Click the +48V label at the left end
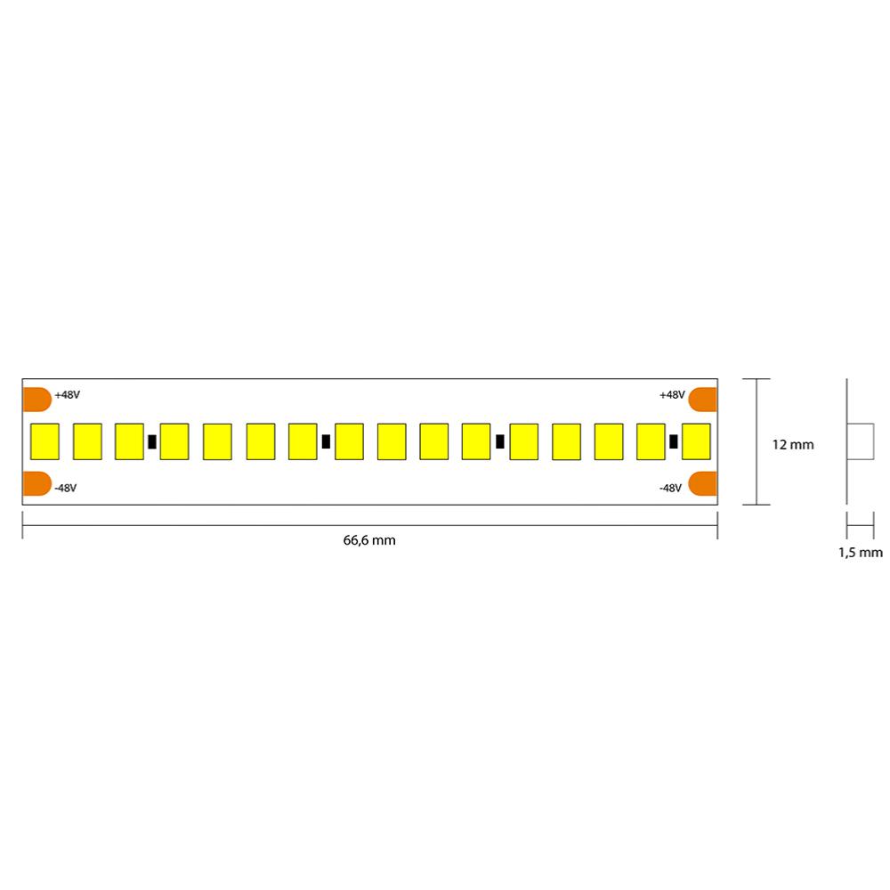(67, 394)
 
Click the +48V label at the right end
(672, 394)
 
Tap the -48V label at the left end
(65, 488)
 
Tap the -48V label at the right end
(670, 488)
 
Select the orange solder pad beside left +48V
(36, 399)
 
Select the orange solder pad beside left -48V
(36, 483)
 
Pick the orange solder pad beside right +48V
(703, 399)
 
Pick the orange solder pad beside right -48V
(703, 483)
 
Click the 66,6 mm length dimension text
(369, 540)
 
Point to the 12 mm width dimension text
(793, 444)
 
